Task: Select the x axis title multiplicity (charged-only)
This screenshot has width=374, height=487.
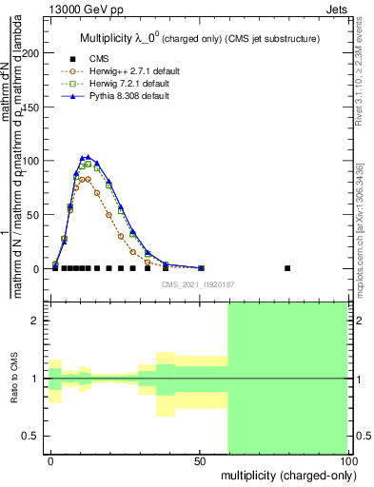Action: [x=285, y=475]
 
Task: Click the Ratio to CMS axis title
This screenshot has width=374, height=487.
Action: [x=13, y=379]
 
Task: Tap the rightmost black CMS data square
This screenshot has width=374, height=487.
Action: [x=287, y=268]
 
